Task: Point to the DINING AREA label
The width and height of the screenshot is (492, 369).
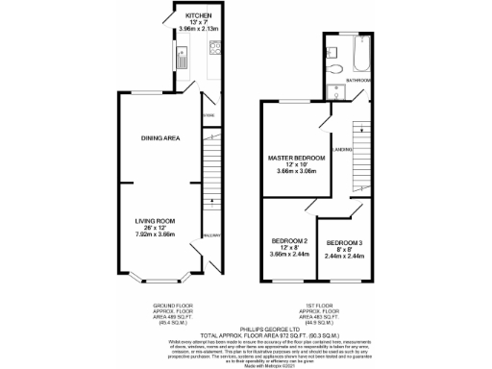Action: click(x=161, y=138)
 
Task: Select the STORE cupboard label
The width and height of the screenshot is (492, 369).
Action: click(x=207, y=116)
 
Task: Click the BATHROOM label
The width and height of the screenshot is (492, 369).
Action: click(x=371, y=81)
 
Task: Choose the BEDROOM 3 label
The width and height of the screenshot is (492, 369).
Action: click(x=345, y=242)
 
